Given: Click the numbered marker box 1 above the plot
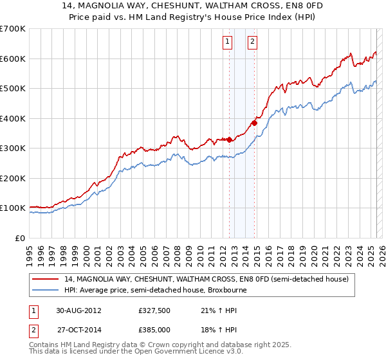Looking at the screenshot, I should [228, 42].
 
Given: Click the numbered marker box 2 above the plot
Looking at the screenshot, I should [252, 42].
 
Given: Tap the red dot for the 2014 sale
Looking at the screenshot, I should [254, 123].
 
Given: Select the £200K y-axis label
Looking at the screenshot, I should [13, 178].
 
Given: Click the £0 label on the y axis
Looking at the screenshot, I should [20, 238].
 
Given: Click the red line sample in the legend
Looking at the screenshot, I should [46, 280].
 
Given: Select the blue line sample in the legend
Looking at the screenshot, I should [46, 290].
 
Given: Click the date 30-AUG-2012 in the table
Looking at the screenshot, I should [78, 310].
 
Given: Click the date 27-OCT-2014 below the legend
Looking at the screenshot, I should [78, 329].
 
